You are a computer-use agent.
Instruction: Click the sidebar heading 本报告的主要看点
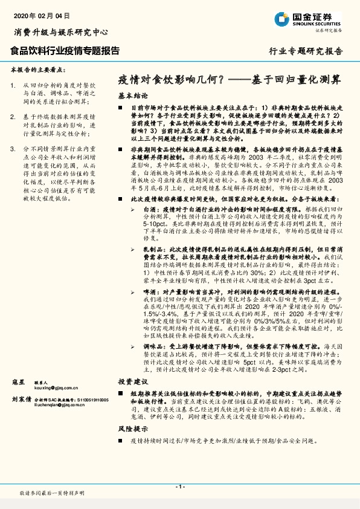(37, 70)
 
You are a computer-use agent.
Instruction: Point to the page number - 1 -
(180, 487)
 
